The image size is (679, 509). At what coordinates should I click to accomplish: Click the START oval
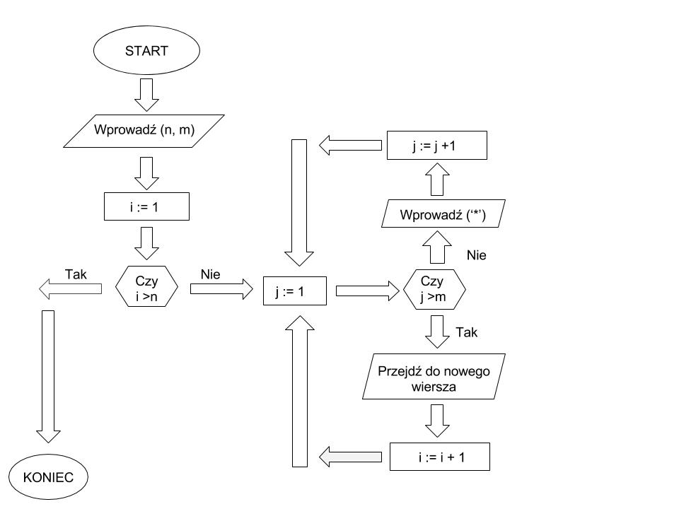[x=146, y=51]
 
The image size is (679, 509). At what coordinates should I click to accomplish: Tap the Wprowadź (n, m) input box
[x=144, y=130]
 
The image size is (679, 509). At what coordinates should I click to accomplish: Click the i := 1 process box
[x=146, y=206]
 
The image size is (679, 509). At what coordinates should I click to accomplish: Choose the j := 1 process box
[x=294, y=290]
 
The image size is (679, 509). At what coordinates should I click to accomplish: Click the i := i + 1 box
[x=440, y=457]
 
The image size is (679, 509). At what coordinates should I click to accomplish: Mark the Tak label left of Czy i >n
[x=76, y=274]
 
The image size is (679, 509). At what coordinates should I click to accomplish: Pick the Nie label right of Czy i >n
[x=211, y=274]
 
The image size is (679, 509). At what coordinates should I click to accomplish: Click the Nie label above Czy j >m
[x=477, y=255]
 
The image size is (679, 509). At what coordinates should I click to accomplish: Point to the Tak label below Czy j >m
[x=467, y=332]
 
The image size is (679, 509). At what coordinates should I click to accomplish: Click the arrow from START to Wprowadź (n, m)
[x=146, y=95]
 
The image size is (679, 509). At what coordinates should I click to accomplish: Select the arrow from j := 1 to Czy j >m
[x=367, y=290]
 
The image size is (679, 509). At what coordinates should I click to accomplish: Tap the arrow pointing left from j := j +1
[x=349, y=146]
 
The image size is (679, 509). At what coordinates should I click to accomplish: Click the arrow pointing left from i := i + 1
[x=352, y=457]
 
